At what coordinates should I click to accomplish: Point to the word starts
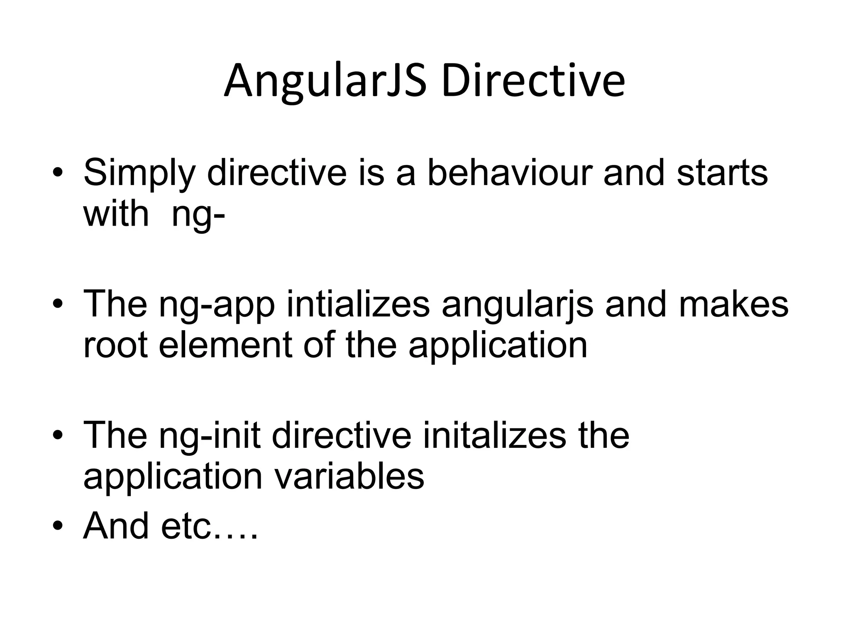coord(722,172)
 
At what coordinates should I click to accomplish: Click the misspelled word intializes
coord(358,304)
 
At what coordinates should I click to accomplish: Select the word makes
coord(733,304)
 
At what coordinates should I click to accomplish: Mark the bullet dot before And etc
coord(58,526)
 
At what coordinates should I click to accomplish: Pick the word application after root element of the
coord(498,347)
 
